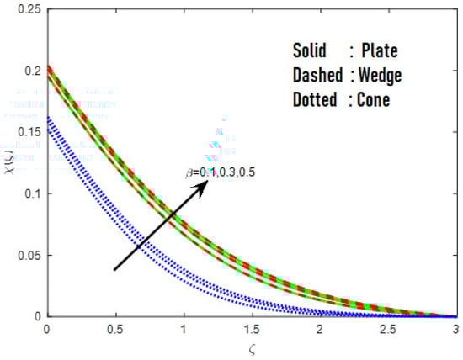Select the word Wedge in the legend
point(378,76)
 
